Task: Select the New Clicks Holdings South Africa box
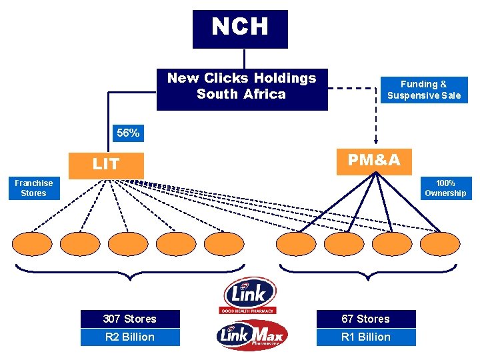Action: click(x=242, y=89)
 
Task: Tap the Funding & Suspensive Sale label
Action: click(x=424, y=90)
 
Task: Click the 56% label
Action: click(x=128, y=133)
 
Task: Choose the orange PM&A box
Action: click(x=374, y=160)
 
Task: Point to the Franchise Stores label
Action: click(x=33, y=188)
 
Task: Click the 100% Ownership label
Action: click(x=445, y=188)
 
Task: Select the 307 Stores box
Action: click(x=130, y=319)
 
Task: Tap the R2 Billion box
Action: click(x=130, y=337)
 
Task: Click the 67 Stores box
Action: click(x=365, y=319)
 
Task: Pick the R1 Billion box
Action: click(x=365, y=337)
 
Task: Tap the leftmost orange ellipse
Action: click(x=32, y=244)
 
